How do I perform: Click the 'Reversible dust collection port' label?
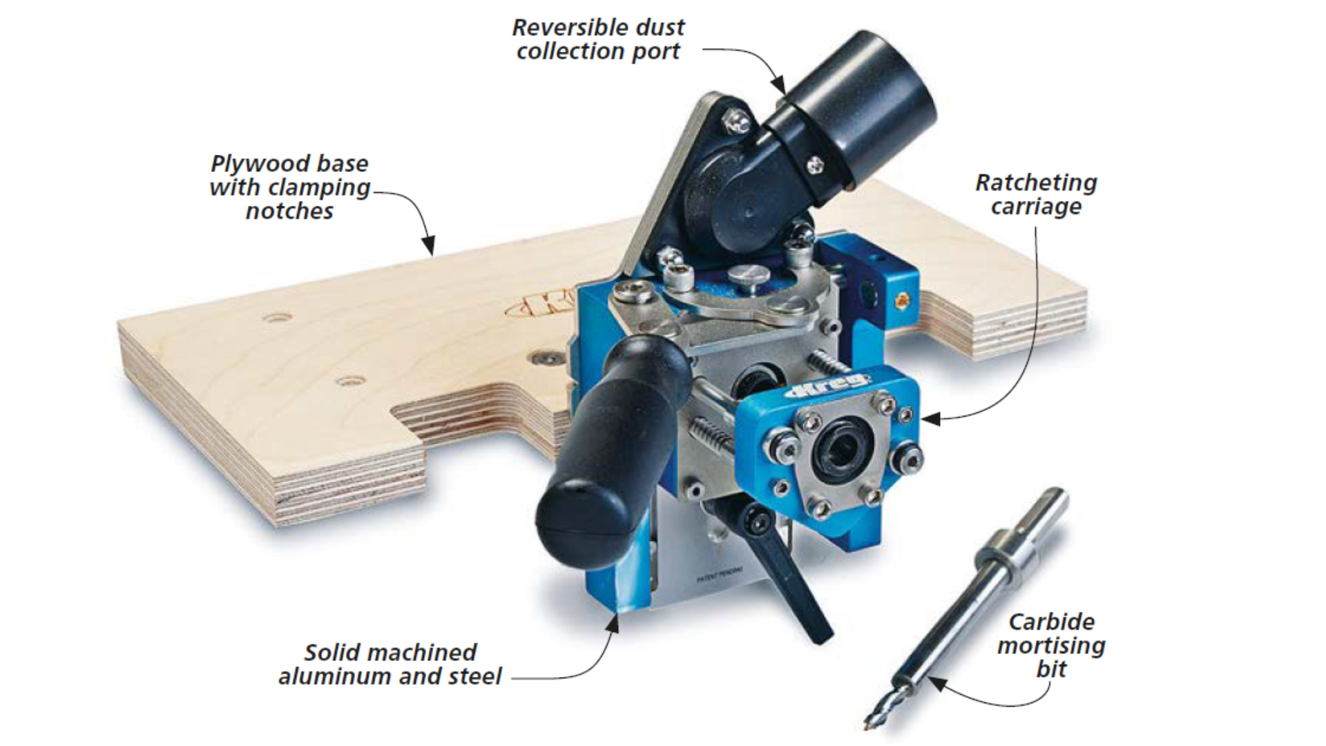(x=598, y=39)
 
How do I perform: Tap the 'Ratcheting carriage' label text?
(x=1035, y=195)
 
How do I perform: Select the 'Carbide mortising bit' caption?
(x=1051, y=645)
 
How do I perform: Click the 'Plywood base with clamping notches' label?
(x=290, y=187)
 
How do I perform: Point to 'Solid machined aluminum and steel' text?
(x=390, y=664)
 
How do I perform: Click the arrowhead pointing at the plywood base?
(x=429, y=246)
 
